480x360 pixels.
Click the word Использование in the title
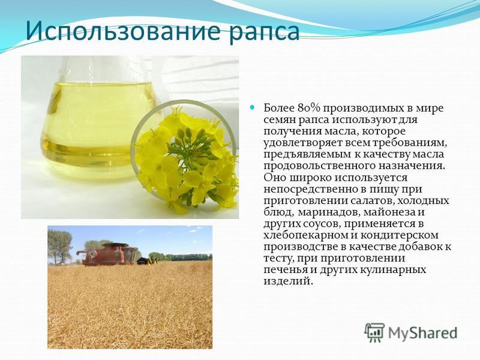pos(123,31)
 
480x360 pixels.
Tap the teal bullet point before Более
pos(252,107)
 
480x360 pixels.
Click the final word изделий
pos(289,281)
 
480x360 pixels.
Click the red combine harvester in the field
pos(108,254)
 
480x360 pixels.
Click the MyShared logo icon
pos(374,332)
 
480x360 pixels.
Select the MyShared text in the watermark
pos(423,332)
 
